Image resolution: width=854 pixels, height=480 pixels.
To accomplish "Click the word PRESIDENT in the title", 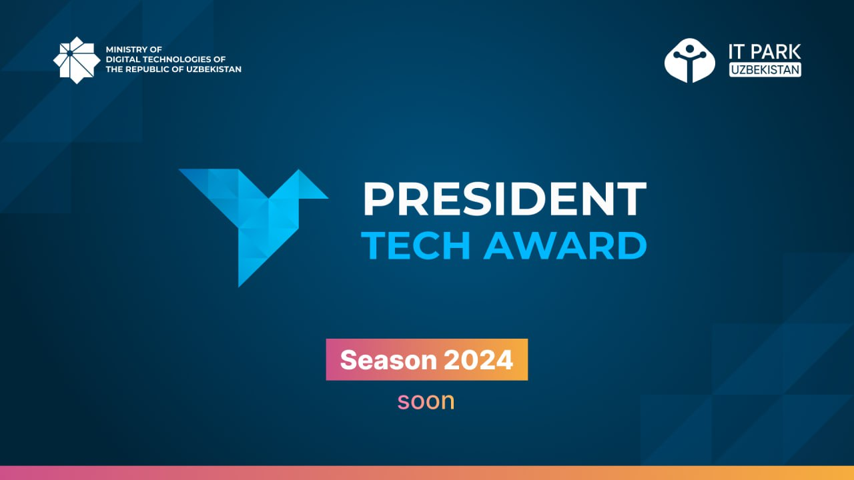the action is pyautogui.click(x=505, y=199).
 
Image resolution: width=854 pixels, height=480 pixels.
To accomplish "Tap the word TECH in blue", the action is pyautogui.click(x=416, y=246).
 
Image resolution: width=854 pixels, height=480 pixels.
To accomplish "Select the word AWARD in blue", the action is pyautogui.click(x=565, y=246).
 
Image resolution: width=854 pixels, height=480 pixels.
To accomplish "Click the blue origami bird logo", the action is pyautogui.click(x=254, y=228).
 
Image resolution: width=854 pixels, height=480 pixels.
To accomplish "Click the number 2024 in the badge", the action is pyautogui.click(x=478, y=360).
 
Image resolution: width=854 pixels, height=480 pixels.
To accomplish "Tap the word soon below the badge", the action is pyautogui.click(x=426, y=401).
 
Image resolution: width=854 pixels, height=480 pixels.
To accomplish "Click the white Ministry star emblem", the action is pyautogui.click(x=77, y=60).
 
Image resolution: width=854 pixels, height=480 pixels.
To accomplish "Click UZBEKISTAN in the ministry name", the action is pyautogui.click(x=214, y=69).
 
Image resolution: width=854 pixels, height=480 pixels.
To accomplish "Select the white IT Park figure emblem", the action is pyautogui.click(x=690, y=60).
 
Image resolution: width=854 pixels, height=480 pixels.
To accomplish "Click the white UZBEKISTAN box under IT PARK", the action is pyautogui.click(x=765, y=70).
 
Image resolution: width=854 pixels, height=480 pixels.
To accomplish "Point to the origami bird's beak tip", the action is pyautogui.click(x=328, y=198).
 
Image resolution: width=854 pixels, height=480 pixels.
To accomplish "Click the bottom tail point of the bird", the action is pyautogui.click(x=239, y=287).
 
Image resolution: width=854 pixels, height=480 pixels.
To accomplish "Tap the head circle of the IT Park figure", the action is pyautogui.click(x=690, y=49).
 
